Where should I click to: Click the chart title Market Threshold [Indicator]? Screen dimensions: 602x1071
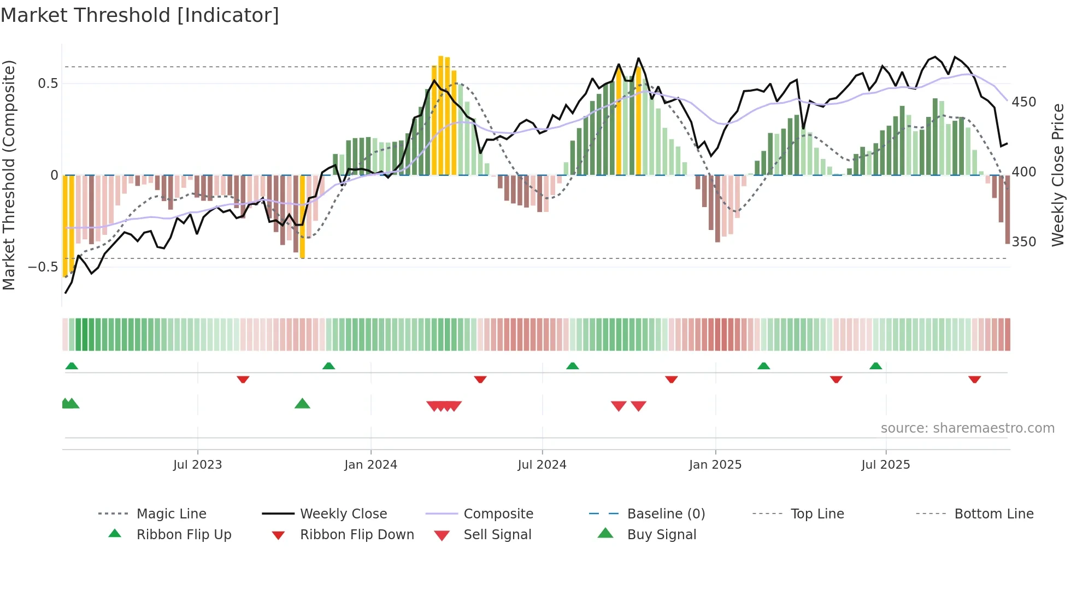click(140, 15)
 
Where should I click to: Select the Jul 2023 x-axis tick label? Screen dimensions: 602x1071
click(197, 465)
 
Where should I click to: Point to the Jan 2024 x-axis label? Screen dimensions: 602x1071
click(370, 465)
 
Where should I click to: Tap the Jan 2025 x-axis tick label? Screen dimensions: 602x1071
click(715, 465)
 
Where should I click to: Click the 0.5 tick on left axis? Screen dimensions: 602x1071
click(48, 84)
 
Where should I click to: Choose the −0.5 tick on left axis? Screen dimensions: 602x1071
click(43, 267)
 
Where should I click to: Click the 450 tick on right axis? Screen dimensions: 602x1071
click(1023, 102)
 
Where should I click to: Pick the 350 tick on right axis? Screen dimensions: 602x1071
click(1023, 242)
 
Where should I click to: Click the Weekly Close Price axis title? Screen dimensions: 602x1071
click(1058, 175)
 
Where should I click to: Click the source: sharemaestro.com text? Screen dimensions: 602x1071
click(967, 428)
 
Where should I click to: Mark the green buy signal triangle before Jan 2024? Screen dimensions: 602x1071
click(302, 404)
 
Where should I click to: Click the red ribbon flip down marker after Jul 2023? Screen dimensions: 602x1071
click(243, 379)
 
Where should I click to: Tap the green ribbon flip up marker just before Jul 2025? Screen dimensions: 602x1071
click(875, 365)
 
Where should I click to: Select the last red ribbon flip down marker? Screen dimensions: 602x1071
click(974, 379)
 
